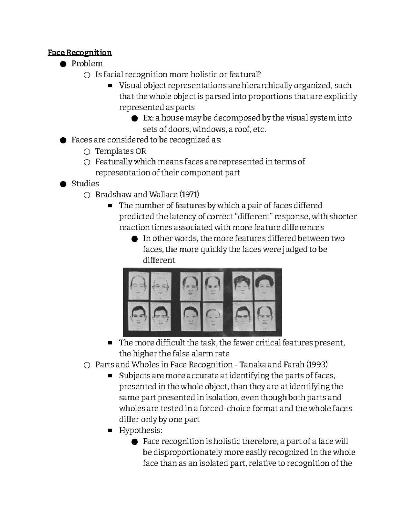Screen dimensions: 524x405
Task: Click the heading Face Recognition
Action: coord(79,53)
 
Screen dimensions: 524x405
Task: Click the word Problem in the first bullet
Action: coord(87,63)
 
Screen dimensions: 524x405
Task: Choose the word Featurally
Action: coord(114,162)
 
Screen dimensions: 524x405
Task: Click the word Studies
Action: coord(85,184)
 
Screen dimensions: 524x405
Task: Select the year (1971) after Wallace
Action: coord(189,195)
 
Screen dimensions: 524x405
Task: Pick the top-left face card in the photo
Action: coord(138,286)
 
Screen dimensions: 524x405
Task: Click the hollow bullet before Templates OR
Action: coord(87,151)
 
